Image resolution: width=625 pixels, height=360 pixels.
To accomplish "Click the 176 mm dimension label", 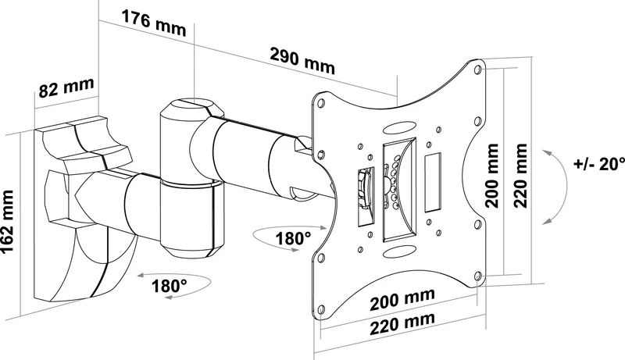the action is click(154, 23).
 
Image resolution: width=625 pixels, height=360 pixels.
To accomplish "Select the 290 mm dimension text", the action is click(302, 61).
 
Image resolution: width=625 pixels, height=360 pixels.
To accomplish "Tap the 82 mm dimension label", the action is click(66, 87).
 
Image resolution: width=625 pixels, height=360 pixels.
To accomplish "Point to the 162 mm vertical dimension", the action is click(8, 222).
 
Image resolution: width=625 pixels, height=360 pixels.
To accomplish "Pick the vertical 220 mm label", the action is click(520, 176).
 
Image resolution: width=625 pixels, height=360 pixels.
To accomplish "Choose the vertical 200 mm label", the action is click(492, 176).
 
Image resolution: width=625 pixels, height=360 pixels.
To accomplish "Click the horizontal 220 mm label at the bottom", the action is click(402, 323).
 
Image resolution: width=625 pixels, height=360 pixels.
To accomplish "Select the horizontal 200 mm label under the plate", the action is click(402, 299).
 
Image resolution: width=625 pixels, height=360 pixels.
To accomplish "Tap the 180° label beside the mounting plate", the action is click(294, 238).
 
